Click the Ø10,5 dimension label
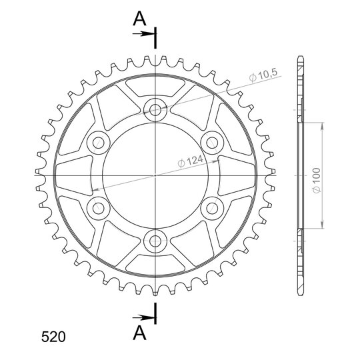(x=263, y=75)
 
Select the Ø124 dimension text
(x=190, y=161)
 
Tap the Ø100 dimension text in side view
(x=317, y=181)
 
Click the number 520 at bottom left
(x=53, y=337)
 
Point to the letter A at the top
(x=139, y=19)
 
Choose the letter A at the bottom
(x=139, y=333)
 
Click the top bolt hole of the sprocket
(x=155, y=110)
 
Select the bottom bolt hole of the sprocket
(x=155, y=241)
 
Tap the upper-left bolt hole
(x=99, y=143)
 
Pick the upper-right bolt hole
(x=212, y=143)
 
